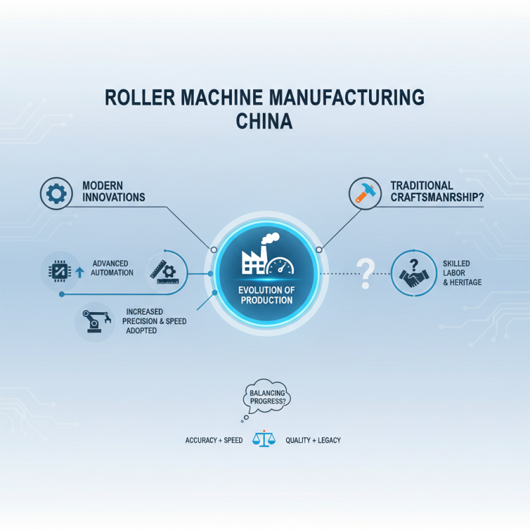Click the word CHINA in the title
click(264, 121)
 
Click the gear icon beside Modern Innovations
click(56, 193)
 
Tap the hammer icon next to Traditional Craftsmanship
click(365, 193)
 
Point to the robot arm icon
click(97, 321)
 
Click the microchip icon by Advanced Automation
click(60, 271)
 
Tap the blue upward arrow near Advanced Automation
click(79, 272)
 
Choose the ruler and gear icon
click(164, 272)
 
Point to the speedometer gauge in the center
click(280, 266)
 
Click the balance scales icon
click(264, 439)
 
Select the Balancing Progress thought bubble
click(267, 396)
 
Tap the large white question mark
click(366, 274)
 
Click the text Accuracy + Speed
click(214, 440)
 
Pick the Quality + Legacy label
click(313, 440)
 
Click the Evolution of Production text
click(266, 295)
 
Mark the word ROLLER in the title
click(140, 97)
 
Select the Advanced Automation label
click(112, 268)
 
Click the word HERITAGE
click(466, 282)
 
